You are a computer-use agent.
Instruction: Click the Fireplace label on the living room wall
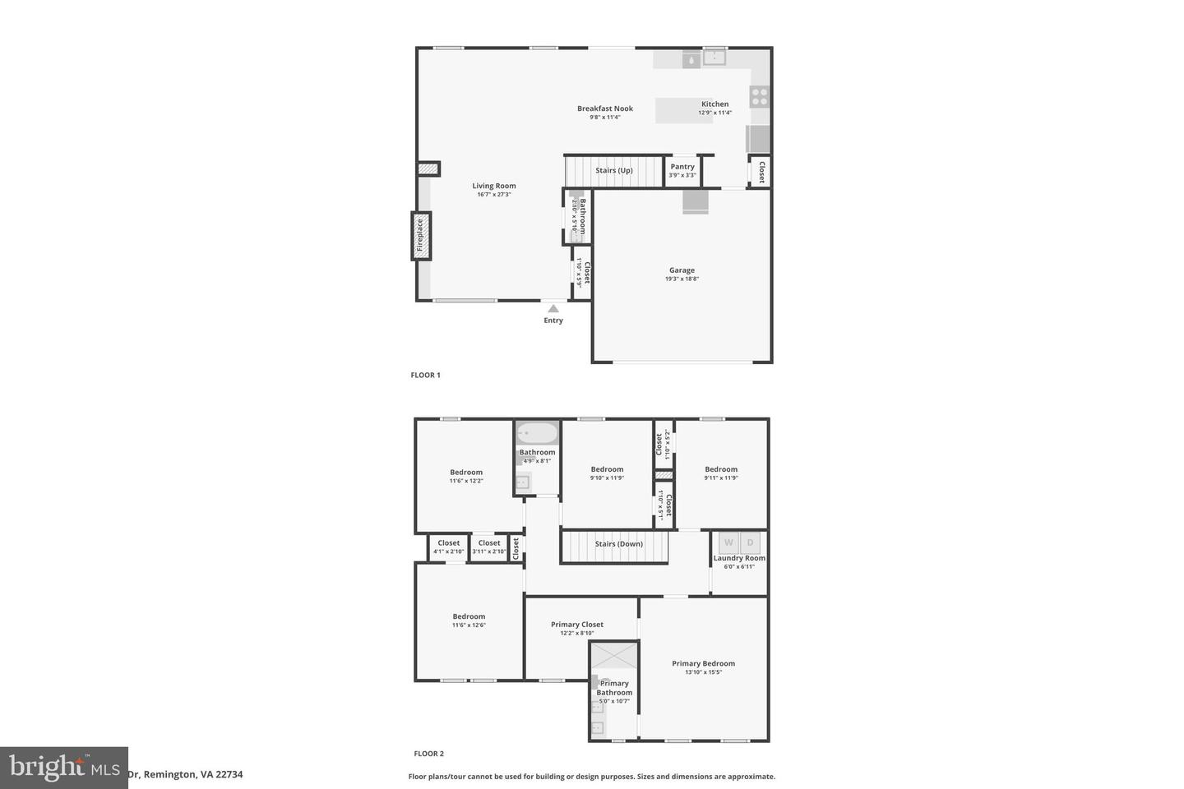(x=420, y=235)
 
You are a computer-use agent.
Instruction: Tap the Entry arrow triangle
(x=553, y=309)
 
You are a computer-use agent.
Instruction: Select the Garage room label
(x=682, y=270)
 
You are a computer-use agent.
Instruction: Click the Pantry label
(x=682, y=167)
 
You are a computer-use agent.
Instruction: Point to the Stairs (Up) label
(x=614, y=171)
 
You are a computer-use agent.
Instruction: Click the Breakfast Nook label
(x=605, y=108)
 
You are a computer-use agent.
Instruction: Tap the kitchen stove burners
(x=760, y=97)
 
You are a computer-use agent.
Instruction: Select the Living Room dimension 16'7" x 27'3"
(x=494, y=195)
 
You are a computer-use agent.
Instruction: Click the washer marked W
(x=728, y=542)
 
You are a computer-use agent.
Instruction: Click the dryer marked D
(x=750, y=542)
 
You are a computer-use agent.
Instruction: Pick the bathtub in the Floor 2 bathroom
(x=537, y=433)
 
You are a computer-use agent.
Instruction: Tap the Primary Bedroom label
(x=703, y=663)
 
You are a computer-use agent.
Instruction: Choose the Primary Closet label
(x=577, y=625)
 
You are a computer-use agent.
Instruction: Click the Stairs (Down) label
(x=619, y=544)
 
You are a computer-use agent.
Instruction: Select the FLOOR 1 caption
(x=426, y=376)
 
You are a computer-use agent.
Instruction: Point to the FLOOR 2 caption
(x=428, y=754)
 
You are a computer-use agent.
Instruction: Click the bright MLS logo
(x=63, y=768)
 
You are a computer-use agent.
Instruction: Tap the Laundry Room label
(x=739, y=558)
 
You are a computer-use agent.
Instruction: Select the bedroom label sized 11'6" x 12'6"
(x=469, y=616)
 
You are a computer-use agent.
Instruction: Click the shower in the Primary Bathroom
(x=614, y=655)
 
